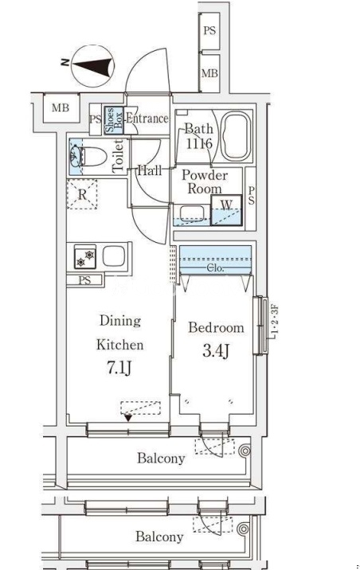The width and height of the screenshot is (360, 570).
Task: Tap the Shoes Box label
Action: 113,120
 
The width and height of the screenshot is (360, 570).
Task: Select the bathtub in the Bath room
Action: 236,136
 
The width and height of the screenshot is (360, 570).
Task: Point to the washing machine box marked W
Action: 226,210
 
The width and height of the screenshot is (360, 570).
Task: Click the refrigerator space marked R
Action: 82,194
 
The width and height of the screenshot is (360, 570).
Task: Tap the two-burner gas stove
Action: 85,256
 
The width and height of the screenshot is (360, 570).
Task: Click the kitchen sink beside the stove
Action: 114,256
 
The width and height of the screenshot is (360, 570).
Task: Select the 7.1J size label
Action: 119,368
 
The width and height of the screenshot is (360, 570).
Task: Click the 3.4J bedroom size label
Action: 216,350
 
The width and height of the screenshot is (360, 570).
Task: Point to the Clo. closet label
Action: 215,268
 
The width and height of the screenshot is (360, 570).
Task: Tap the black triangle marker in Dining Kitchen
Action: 128,418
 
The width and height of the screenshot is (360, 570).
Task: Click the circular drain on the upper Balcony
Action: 245,451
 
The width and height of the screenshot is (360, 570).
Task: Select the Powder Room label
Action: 205,182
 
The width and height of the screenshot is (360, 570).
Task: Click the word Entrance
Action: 147,118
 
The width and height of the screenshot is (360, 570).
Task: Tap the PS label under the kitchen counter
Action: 84,280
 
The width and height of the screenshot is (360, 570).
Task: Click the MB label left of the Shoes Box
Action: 61,107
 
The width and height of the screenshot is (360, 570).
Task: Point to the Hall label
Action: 150,170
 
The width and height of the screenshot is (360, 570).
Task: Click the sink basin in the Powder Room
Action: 192,213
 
